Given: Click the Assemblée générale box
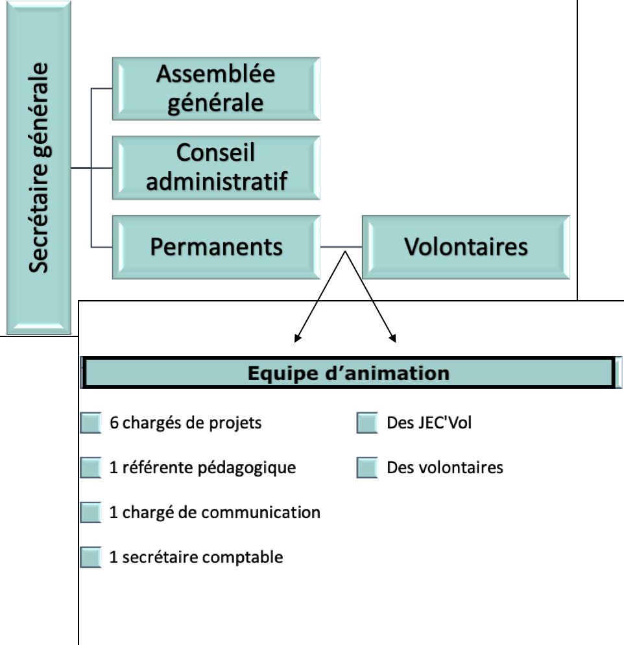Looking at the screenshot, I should coord(216,88).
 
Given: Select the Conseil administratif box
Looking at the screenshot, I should coord(216,167).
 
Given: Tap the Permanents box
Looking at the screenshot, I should coord(216,247).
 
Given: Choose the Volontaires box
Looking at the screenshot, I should coord(466,247).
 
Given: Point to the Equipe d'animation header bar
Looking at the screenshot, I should coord(349,373).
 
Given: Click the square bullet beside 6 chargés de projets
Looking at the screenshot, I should coord(91,423).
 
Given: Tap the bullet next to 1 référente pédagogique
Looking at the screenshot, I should coord(91,467).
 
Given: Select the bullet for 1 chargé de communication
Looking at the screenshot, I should coord(91,513).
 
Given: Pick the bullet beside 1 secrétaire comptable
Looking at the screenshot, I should coord(91,557).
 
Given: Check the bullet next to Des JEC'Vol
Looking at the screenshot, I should coord(367,423).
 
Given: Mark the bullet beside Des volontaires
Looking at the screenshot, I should coord(367,467).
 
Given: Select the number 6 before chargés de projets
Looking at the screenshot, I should coord(114,423).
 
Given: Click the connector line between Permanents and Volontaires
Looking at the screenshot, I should coord(341,248).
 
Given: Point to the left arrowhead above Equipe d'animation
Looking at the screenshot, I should coord(297,338).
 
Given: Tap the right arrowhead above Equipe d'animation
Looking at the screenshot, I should coord(393,338).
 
